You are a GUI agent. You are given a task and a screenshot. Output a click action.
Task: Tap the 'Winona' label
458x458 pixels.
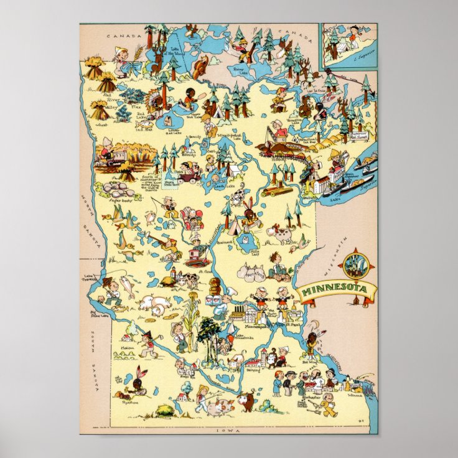pyautogui.click(x=355, y=393)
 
